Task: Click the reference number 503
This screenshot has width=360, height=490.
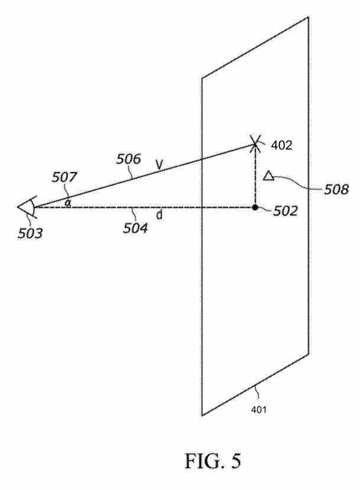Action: tap(30, 233)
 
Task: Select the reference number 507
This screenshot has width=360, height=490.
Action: tap(64, 177)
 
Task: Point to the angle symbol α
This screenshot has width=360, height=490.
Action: tap(69, 203)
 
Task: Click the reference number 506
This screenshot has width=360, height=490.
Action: tap(129, 160)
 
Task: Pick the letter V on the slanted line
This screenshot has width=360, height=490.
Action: tap(160, 166)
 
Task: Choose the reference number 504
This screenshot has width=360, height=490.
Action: tap(135, 228)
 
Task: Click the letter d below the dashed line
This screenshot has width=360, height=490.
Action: tap(160, 215)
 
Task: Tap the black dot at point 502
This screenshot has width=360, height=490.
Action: tap(255, 207)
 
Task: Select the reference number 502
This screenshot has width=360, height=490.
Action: tap(286, 211)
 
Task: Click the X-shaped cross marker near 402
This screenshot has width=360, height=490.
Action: tap(255, 145)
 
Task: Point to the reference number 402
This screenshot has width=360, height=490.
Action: tap(281, 145)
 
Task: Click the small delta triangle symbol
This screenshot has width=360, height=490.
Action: tap(268, 176)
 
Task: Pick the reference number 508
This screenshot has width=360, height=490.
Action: tap(336, 189)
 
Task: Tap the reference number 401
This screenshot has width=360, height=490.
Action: tap(259, 409)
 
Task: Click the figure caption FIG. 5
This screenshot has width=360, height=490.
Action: tap(213, 460)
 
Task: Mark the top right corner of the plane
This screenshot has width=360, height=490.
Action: tap(309, 17)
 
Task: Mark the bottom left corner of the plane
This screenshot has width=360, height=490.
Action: tap(202, 416)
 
